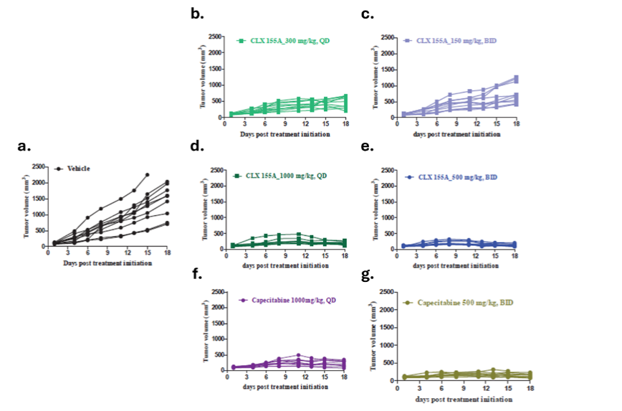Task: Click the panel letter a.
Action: [x=24, y=147]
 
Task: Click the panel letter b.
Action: [x=195, y=13]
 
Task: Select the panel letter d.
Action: [x=195, y=146]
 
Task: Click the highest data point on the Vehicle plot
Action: [x=147, y=174]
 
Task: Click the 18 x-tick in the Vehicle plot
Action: [x=167, y=253]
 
